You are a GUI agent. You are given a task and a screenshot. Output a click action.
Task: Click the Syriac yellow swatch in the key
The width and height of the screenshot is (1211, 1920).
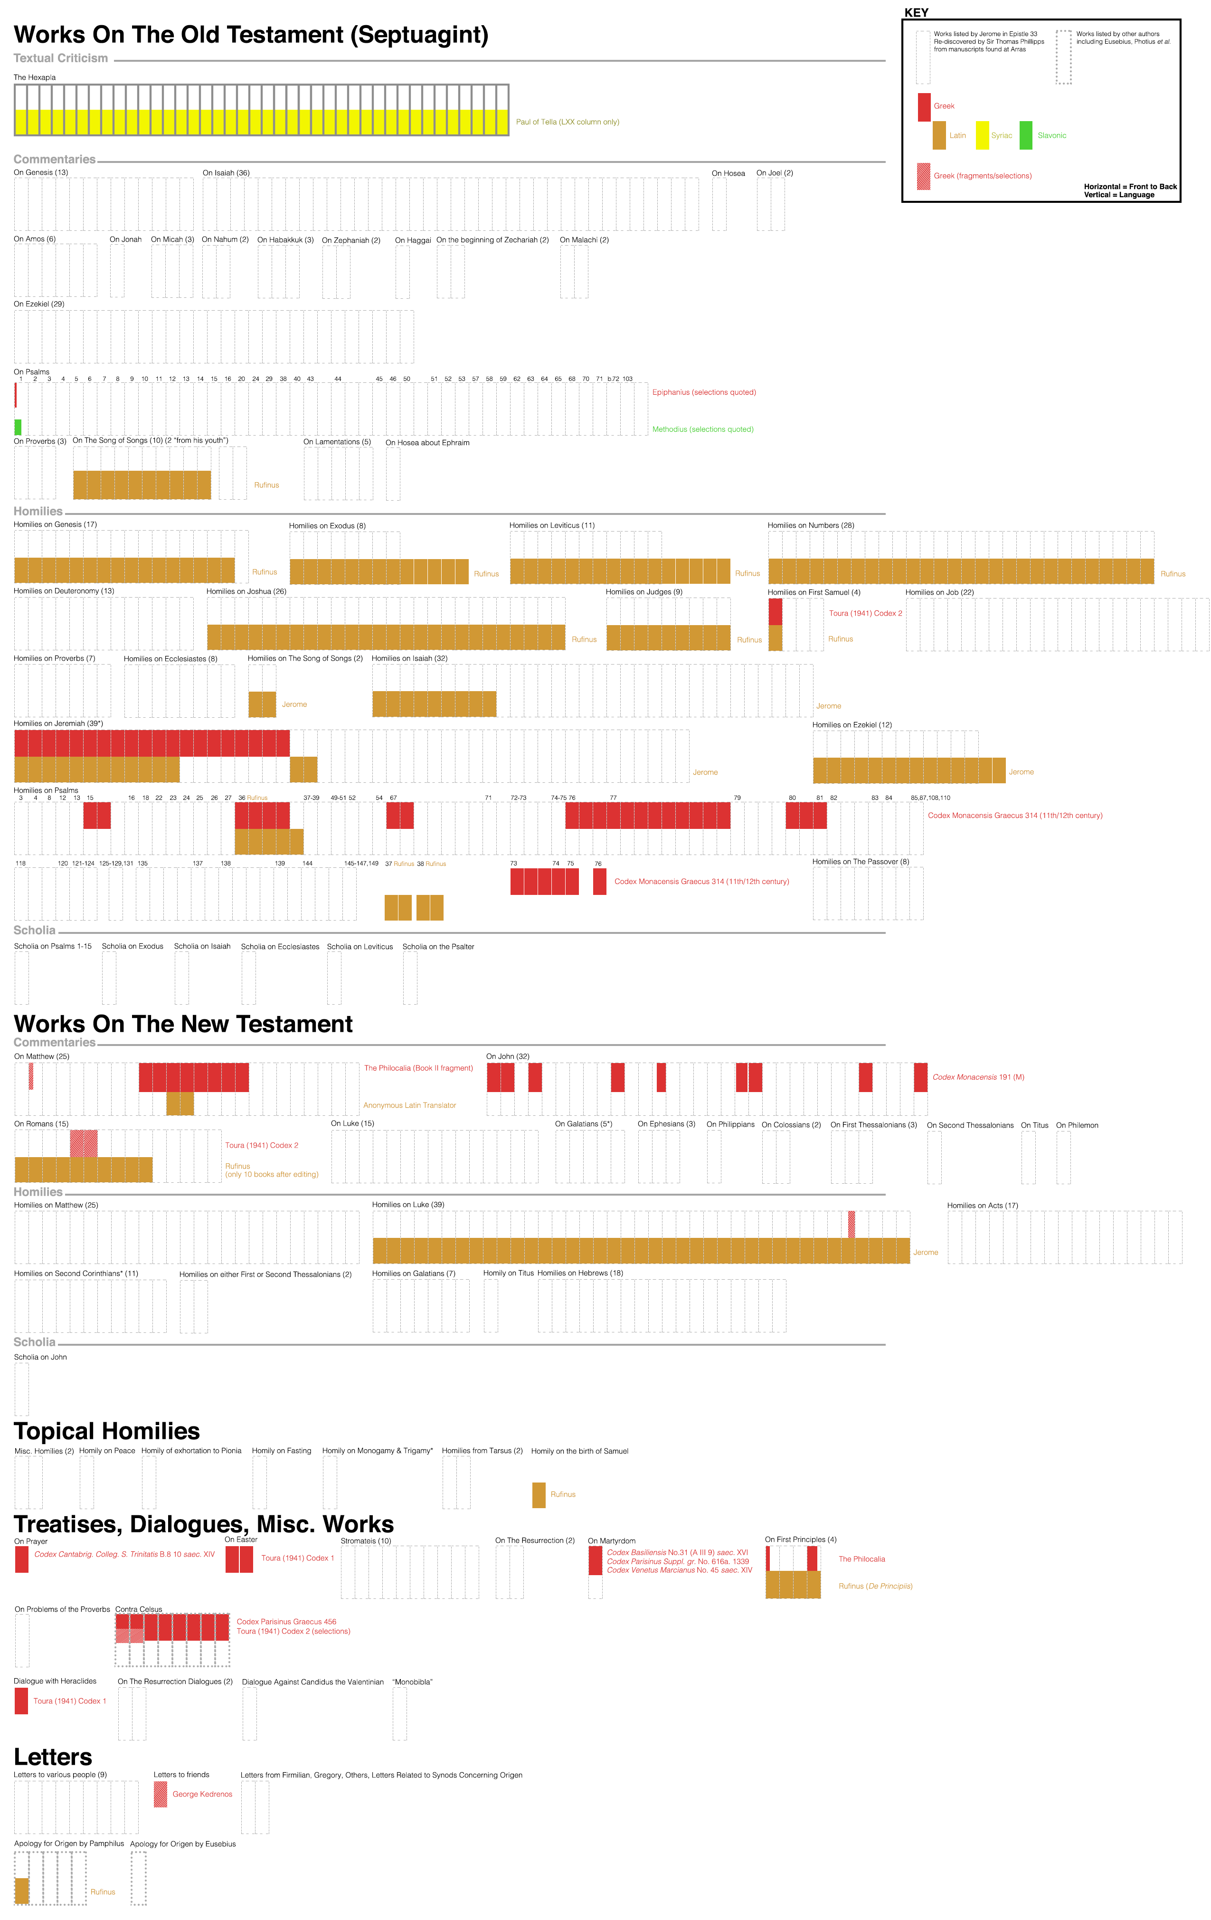coord(982,135)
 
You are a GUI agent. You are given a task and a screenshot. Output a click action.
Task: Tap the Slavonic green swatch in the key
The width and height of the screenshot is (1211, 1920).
coord(1026,135)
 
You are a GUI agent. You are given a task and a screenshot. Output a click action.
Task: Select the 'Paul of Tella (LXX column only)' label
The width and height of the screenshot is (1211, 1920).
coord(567,122)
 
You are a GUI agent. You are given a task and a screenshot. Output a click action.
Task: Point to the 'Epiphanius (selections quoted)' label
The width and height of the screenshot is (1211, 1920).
coord(704,392)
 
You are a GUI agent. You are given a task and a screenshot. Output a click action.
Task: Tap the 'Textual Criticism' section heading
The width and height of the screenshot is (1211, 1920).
coord(61,58)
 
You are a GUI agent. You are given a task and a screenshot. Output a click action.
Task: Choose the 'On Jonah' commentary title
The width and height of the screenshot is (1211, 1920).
coord(125,239)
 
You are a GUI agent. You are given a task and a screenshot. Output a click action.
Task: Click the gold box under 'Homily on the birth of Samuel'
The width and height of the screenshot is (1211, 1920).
coord(539,1495)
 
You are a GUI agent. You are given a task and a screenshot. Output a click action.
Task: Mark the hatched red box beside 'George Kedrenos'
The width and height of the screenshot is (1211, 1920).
coord(160,1795)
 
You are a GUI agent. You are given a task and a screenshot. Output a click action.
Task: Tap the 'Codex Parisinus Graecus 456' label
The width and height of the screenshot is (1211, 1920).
coord(286,1622)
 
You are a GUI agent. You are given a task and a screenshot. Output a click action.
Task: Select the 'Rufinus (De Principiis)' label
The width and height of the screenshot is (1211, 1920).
coord(875,1587)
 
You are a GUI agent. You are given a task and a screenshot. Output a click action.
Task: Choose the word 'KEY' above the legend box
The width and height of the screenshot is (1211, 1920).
coord(916,13)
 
